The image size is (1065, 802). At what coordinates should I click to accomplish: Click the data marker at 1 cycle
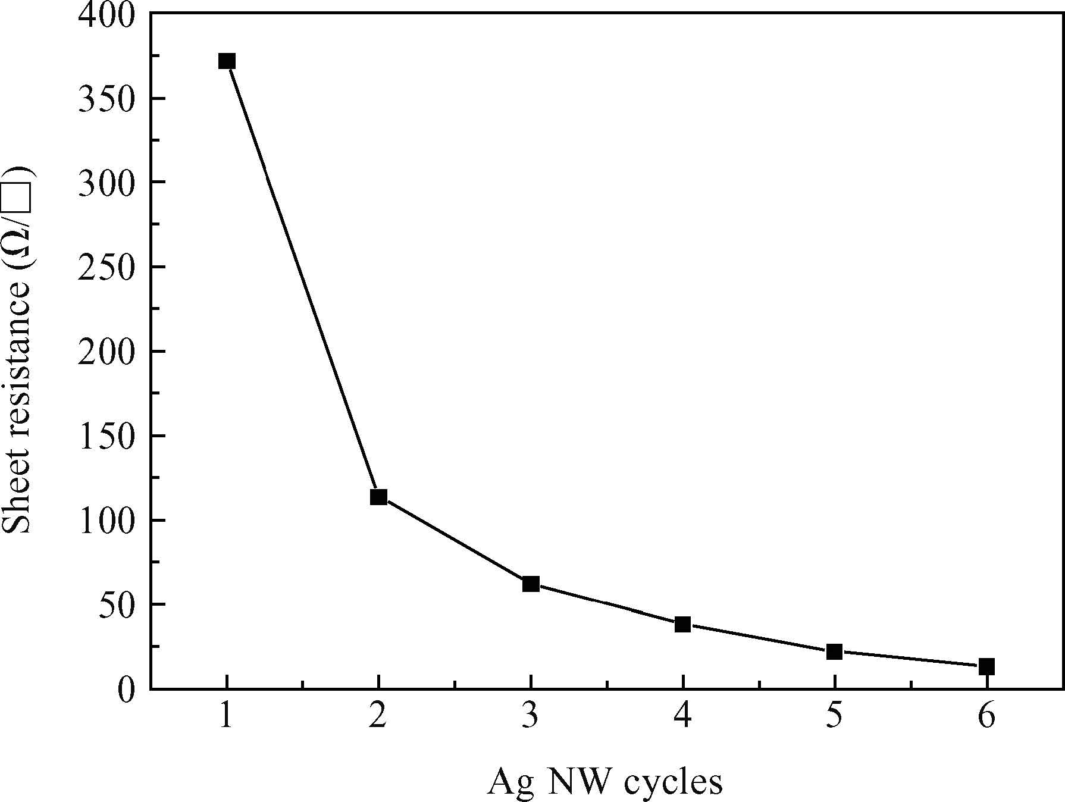point(227,61)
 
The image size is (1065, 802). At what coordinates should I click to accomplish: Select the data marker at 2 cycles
point(378,497)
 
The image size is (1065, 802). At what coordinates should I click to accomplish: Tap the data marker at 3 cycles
point(531,584)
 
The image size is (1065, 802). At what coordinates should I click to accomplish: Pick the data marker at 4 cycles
point(682,625)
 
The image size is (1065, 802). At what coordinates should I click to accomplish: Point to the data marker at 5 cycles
point(835,652)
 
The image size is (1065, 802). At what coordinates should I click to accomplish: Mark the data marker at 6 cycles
point(986,667)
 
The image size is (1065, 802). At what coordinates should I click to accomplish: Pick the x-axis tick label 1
point(226,718)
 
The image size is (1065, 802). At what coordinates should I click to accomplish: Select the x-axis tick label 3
point(530,718)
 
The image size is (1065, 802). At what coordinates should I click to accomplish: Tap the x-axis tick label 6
point(986,718)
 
